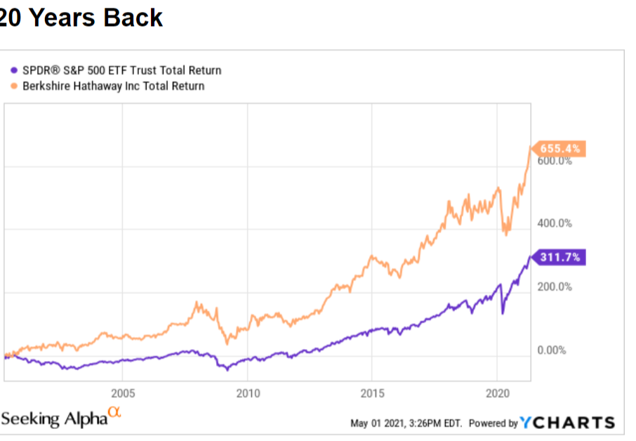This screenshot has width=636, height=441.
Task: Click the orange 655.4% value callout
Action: point(559,149)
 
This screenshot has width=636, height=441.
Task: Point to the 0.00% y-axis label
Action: point(551,350)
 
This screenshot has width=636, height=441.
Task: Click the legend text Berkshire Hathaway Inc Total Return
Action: point(114,86)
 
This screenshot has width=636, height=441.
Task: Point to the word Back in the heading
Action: point(133,17)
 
